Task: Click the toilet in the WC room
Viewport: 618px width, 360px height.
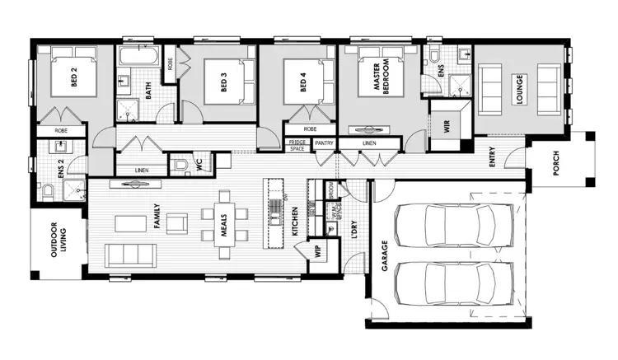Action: pos(180,165)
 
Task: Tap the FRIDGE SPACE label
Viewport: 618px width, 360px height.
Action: pos(296,145)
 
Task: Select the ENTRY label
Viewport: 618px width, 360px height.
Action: pos(492,157)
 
